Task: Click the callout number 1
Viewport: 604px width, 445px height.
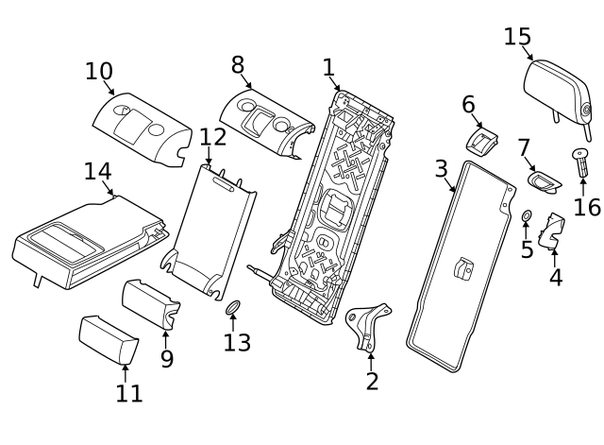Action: pos(328,67)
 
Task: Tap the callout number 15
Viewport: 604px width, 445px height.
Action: pos(517,37)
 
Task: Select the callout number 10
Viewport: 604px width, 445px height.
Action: pos(99,71)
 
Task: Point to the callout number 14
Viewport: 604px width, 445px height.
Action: pos(97,171)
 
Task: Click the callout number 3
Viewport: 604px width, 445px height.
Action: pos(441,169)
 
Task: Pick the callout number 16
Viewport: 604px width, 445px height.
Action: pos(587,206)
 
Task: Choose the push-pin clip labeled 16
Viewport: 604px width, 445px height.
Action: pos(579,164)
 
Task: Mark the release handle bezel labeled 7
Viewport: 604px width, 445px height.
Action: pos(544,180)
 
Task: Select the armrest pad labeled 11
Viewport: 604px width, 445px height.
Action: pos(107,339)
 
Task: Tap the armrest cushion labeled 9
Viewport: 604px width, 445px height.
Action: pos(151,303)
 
